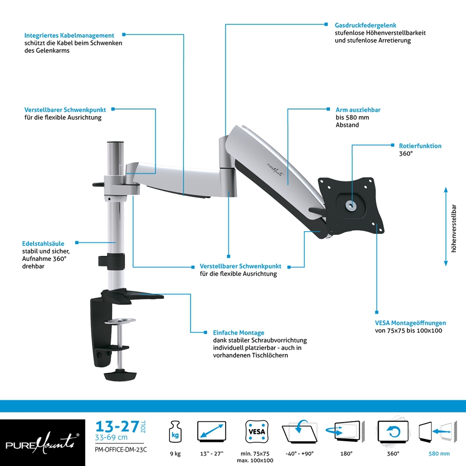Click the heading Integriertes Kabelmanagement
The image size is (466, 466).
pos(69,36)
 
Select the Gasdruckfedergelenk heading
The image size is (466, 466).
pos(365,26)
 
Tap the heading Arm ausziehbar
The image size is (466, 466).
pos(358,110)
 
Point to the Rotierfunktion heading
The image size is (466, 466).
pos(420,146)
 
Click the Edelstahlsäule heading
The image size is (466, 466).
pos(43,244)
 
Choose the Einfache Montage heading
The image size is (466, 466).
pos(238,333)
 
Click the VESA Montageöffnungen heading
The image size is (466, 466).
pos(411,323)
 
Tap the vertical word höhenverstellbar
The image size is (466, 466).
pos(453,228)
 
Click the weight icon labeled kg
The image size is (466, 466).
pos(175,432)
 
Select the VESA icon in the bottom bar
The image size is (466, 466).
pos(257,432)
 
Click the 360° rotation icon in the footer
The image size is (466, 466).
pos(393,431)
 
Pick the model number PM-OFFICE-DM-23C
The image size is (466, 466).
pos(121,450)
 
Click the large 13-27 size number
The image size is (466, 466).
pos(117,426)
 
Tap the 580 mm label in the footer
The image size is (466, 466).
pos(439,454)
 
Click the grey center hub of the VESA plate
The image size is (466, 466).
pos(351,205)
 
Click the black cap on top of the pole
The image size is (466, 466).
pos(115,143)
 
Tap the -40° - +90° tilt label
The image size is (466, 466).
pos(300,454)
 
